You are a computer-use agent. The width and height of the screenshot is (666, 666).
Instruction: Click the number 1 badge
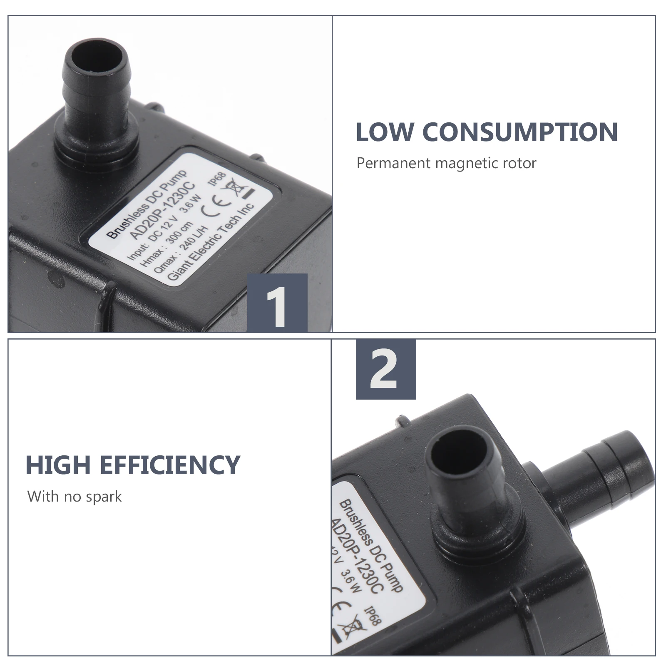tap(277, 303)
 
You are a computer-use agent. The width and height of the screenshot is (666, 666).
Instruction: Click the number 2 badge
tap(385, 369)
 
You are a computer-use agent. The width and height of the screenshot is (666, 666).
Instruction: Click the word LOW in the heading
tap(385, 132)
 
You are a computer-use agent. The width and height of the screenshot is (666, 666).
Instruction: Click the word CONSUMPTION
tap(520, 132)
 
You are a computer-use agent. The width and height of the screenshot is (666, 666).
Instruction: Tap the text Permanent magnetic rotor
tap(446, 163)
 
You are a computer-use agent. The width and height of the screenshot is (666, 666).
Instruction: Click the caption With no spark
tap(74, 497)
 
